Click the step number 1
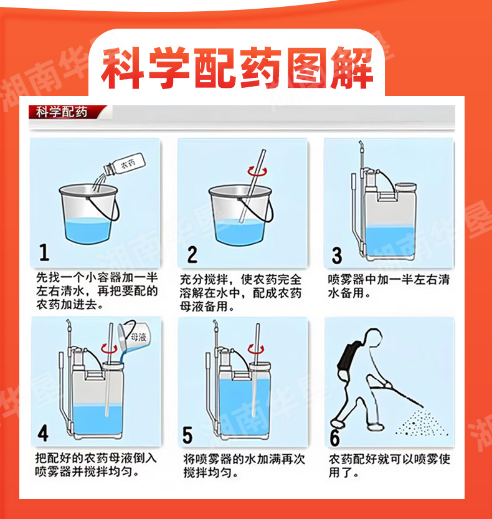44,252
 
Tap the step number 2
192,254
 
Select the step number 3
337,255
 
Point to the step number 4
43,433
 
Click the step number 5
187,435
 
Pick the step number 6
335,437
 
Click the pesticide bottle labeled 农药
125,164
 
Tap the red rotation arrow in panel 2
257,171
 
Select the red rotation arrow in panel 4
109,348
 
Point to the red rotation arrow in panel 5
256,348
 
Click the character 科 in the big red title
123,68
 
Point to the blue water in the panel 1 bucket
88,231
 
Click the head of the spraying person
373,337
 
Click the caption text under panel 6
389,465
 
